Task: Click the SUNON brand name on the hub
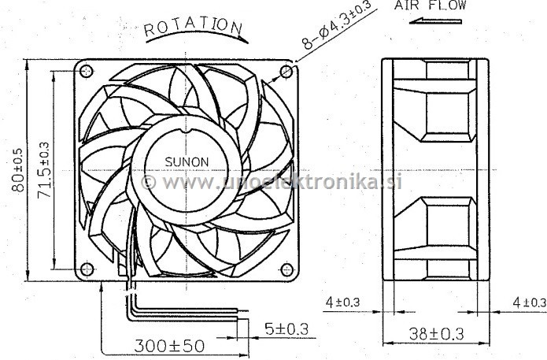coord(187,162)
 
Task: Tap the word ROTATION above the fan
coord(193,27)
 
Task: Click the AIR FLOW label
coord(431,6)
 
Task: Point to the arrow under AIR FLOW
coord(435,21)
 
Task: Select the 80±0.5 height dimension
coord(18,170)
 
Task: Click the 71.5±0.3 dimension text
coord(44,170)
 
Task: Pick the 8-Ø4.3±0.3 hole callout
coord(336,25)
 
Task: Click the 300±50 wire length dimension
coord(169,346)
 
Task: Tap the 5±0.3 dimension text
coord(286,329)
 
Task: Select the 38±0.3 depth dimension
coord(436,334)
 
